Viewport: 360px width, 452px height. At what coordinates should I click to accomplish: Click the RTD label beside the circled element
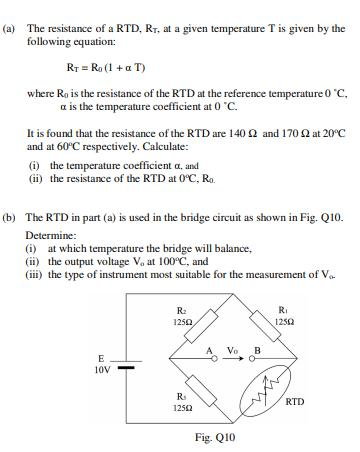295,402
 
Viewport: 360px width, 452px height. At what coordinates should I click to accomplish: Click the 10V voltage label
100,370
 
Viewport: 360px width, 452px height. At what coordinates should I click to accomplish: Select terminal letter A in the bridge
209,350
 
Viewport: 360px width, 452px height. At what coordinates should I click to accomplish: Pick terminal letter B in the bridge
259,350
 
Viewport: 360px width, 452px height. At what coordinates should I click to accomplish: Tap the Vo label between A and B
233,350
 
